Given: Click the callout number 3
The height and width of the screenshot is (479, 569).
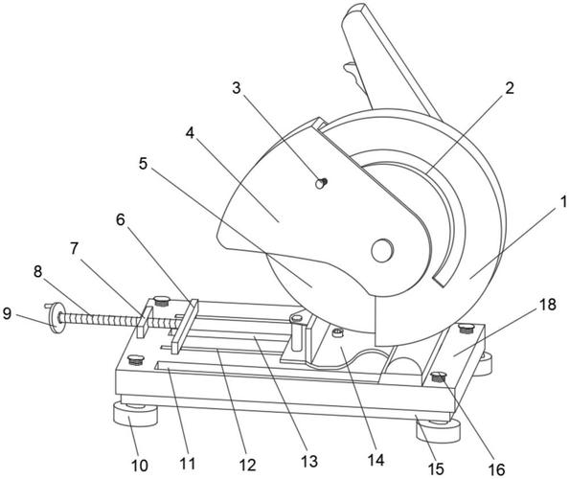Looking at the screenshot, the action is pyautogui.click(x=237, y=88).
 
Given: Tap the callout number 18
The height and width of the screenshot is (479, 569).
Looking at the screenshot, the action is pyautogui.click(x=548, y=305).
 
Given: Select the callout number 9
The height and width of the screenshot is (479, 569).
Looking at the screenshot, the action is pyautogui.click(x=7, y=313).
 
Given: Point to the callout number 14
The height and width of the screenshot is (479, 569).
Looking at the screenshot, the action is pyautogui.click(x=376, y=460).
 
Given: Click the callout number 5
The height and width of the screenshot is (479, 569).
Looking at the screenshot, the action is pyautogui.click(x=144, y=164).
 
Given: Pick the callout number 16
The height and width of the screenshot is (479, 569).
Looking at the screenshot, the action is pyautogui.click(x=497, y=469).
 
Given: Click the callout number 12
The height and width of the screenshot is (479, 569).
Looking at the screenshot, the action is pyautogui.click(x=247, y=466).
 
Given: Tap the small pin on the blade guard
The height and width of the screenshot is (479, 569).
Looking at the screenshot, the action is pyautogui.click(x=321, y=183).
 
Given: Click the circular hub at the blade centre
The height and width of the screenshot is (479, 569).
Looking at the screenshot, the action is pyautogui.click(x=382, y=250).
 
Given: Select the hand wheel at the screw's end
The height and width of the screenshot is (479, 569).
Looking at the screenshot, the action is pyautogui.click(x=57, y=317).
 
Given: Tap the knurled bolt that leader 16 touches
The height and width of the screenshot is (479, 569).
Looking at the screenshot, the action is pyautogui.click(x=440, y=377).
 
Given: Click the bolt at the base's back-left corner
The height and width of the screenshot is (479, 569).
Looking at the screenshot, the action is pyautogui.click(x=162, y=301).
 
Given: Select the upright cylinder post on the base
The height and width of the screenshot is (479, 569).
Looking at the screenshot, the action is pyautogui.click(x=297, y=333).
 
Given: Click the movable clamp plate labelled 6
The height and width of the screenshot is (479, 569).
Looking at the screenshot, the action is pyautogui.click(x=185, y=326).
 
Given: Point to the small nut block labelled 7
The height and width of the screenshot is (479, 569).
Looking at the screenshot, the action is pyautogui.click(x=145, y=322).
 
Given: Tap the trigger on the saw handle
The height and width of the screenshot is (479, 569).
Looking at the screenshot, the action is pyautogui.click(x=354, y=76).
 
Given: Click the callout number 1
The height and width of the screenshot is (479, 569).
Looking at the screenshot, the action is pyautogui.click(x=563, y=202).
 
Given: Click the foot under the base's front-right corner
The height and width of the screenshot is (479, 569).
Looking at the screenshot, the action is pyautogui.click(x=438, y=430).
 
